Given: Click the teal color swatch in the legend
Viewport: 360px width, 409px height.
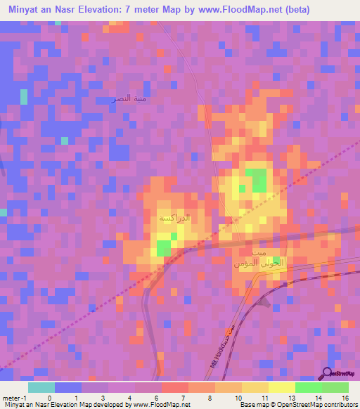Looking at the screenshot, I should coord(41,387).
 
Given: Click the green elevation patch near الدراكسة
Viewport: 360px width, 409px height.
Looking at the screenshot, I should coord(164,248).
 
